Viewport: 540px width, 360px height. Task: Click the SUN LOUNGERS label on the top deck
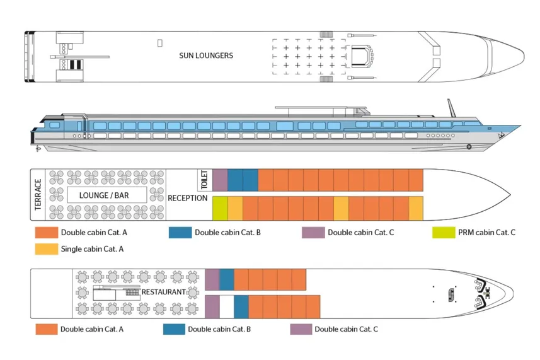[x=206, y=55]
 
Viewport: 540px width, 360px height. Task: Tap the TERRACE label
[x=38, y=195]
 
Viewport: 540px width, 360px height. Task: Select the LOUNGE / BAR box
[x=104, y=195]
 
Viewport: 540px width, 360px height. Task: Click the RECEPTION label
[x=187, y=198]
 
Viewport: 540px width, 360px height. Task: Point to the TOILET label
[x=204, y=180]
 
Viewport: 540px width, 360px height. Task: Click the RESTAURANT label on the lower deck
[x=163, y=292]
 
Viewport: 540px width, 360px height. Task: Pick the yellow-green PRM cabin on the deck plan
[x=220, y=207]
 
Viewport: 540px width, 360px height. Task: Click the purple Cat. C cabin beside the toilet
[x=220, y=180]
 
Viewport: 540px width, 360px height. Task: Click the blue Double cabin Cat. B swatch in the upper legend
[x=180, y=233]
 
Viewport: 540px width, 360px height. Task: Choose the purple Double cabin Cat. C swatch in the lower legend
[x=301, y=329]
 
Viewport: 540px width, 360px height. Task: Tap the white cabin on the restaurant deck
[x=226, y=306]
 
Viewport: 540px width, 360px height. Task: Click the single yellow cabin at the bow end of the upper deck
[x=415, y=207]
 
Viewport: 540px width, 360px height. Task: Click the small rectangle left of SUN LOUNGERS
[x=160, y=43]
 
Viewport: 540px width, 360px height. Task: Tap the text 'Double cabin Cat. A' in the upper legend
[x=94, y=233]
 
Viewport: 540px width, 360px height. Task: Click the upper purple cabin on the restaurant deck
[x=212, y=279]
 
